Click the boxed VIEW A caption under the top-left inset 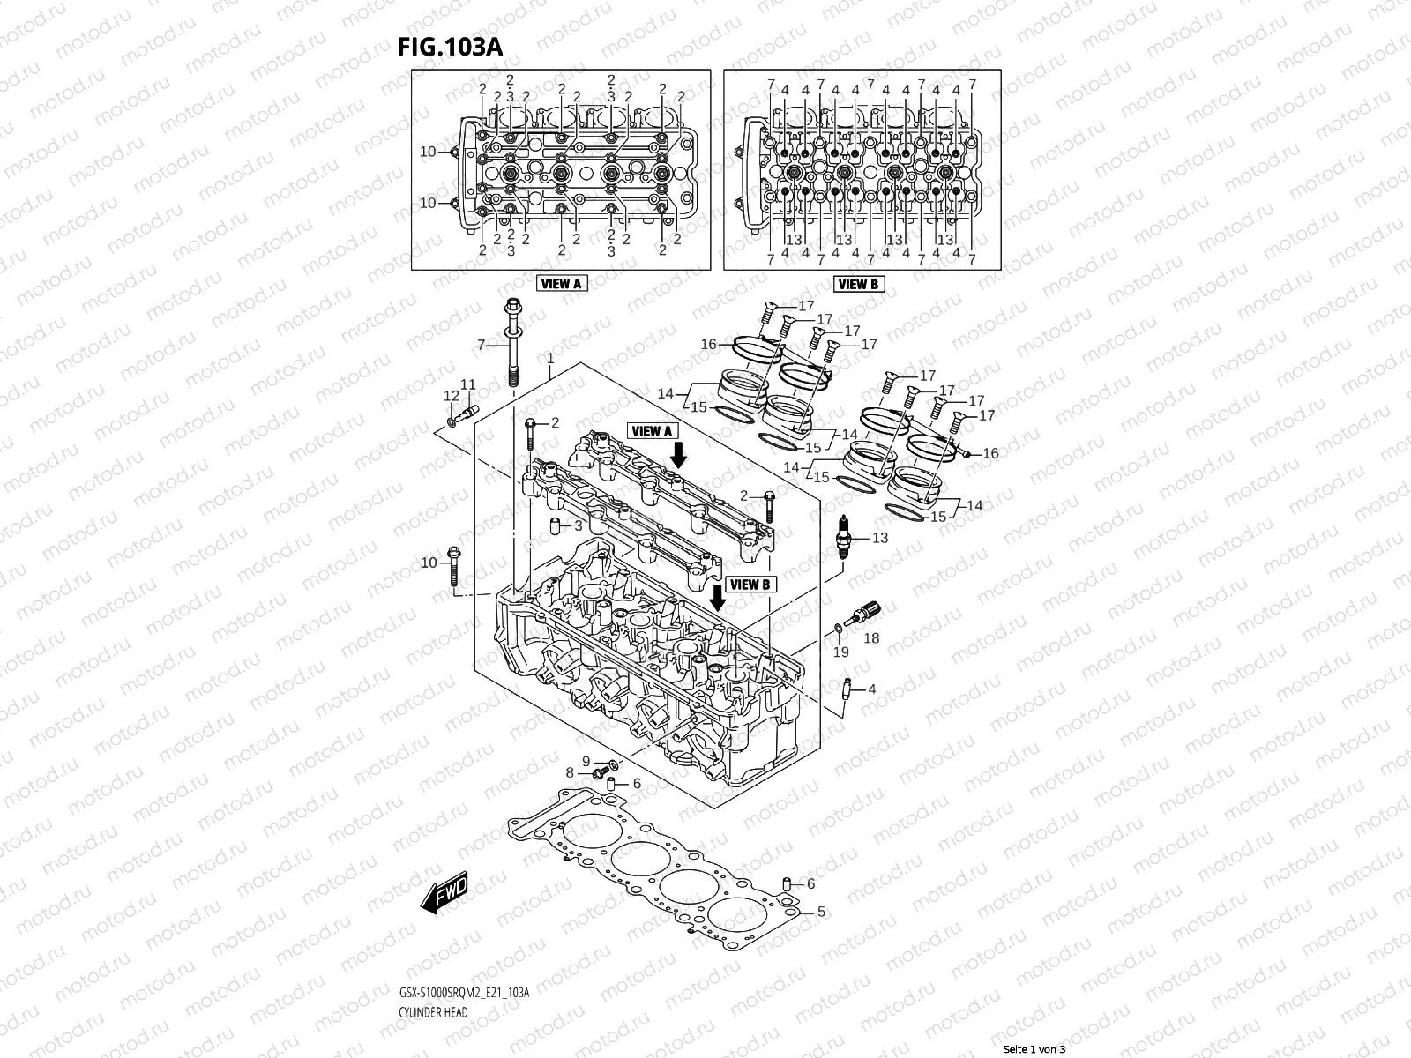pos(561,284)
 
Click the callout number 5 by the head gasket pos(820,911)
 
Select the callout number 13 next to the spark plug pos(880,538)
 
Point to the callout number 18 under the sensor pos(871,638)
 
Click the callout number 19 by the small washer pos(841,652)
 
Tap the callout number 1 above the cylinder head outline pos(550,359)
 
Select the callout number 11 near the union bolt pos(467,384)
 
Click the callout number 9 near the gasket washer pos(586,761)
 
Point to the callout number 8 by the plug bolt pos(570,773)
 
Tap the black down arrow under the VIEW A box pos(678,455)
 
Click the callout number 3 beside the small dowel pos(578,525)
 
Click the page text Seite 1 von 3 pos(1034,1049)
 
